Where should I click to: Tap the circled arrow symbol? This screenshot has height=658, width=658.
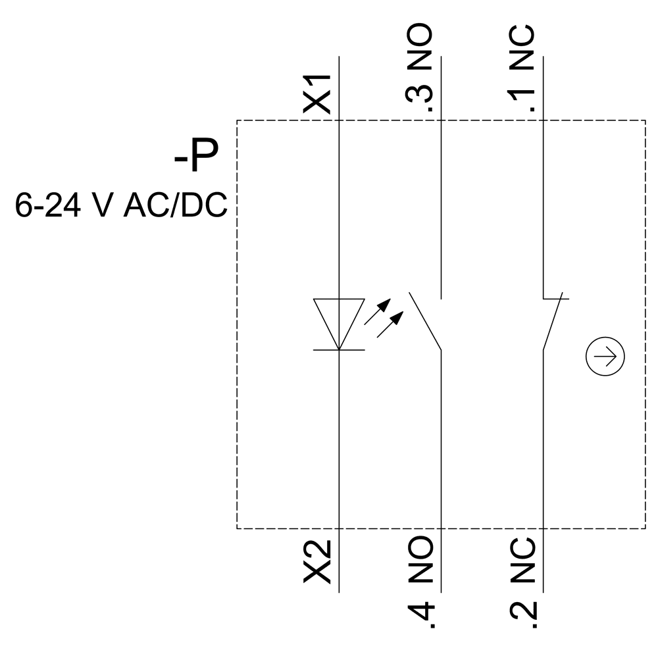pyautogui.click(x=605, y=357)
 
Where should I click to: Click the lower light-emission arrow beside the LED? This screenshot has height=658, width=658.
pyautogui.click(x=389, y=325)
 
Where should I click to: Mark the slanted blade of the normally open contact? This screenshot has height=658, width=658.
pyautogui.click(x=425, y=320)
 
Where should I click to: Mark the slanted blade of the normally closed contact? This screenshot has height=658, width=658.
pyautogui.click(x=551, y=322)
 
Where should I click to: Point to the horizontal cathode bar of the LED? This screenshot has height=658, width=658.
pyautogui.click(x=339, y=350)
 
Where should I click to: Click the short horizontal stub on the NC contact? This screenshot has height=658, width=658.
pyautogui.click(x=556, y=298)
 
